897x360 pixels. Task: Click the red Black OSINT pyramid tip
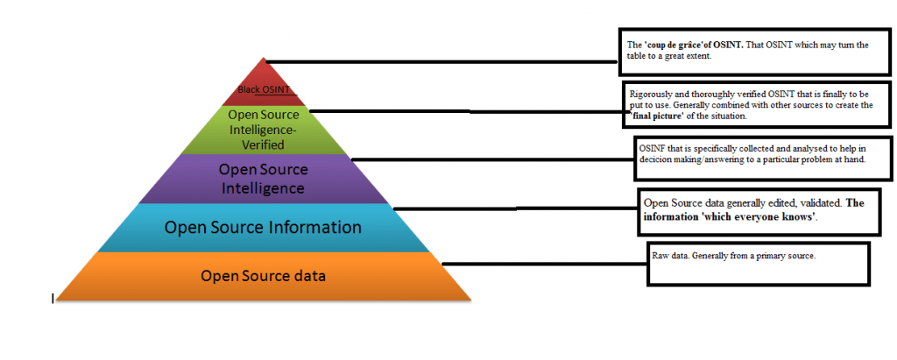[x=263, y=84]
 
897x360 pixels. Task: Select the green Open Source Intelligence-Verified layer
[x=263, y=130]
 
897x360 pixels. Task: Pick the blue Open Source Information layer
[x=263, y=227]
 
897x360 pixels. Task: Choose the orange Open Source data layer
[x=263, y=276]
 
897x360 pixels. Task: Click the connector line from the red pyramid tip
[x=438, y=62]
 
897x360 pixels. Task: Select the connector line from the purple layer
[x=491, y=159]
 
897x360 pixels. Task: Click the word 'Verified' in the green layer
[x=264, y=144]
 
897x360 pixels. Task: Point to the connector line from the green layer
[x=464, y=111]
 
